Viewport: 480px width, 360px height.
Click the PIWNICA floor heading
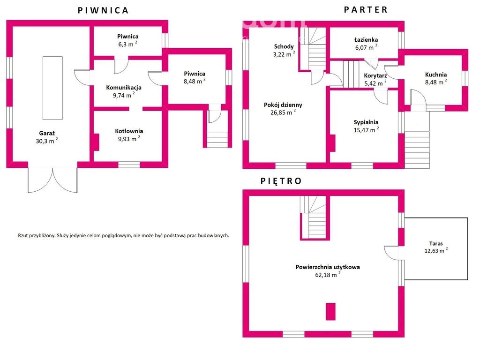[x=103, y=10]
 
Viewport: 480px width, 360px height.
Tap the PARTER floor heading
[x=366, y=10]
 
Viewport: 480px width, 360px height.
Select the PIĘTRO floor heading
[x=281, y=181]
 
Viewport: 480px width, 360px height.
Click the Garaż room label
[x=47, y=133]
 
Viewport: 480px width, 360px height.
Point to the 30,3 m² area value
[x=47, y=141]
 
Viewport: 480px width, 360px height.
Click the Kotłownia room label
[x=129, y=131]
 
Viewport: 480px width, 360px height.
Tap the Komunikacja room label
[x=124, y=87]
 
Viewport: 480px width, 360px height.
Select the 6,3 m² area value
[x=127, y=44]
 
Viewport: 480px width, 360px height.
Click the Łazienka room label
[x=366, y=39]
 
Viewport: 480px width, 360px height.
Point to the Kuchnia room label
[x=436, y=75]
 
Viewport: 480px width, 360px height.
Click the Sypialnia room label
[x=366, y=122]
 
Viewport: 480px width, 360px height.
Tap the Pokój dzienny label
[x=283, y=105]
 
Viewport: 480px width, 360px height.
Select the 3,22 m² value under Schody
[x=284, y=54]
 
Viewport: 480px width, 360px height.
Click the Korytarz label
[x=375, y=75]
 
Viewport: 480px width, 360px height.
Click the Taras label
[x=436, y=244]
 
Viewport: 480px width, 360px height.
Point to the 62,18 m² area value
[x=328, y=275]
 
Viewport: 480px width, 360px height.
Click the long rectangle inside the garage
[x=52, y=88]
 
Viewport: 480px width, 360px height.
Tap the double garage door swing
[x=52, y=180]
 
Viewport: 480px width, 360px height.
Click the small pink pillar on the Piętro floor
[x=330, y=312]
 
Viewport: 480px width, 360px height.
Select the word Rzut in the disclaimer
[x=23, y=236]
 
